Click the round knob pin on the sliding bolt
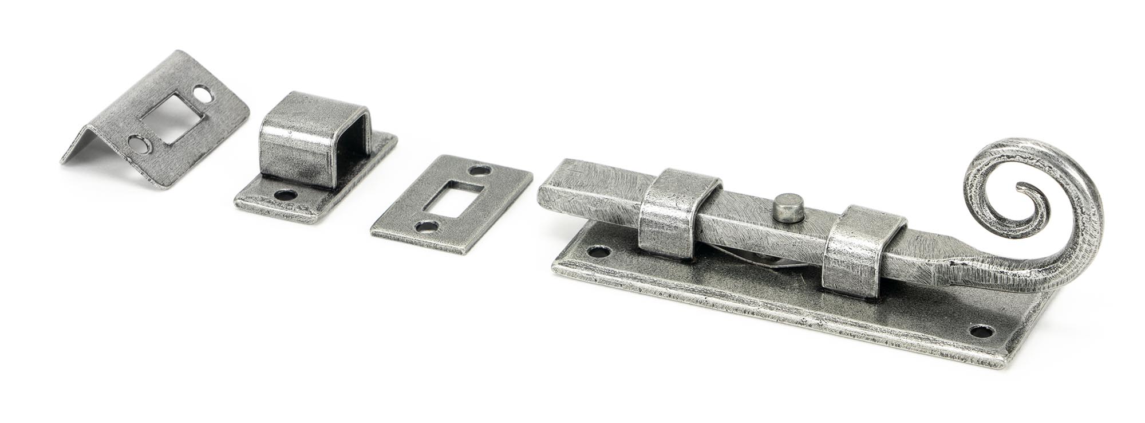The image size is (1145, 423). click(x=788, y=208)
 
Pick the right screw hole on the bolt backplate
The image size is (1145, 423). click(x=981, y=331)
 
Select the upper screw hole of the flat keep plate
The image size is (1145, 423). click(x=480, y=170)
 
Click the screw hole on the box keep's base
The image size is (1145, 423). click(x=285, y=195)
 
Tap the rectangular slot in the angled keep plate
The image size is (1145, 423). click(x=172, y=117)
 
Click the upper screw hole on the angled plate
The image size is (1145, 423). click(x=202, y=93)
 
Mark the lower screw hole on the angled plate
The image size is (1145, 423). click(x=140, y=144)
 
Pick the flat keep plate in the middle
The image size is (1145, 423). click(x=452, y=203)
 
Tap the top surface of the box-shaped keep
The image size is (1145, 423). click(x=312, y=112)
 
